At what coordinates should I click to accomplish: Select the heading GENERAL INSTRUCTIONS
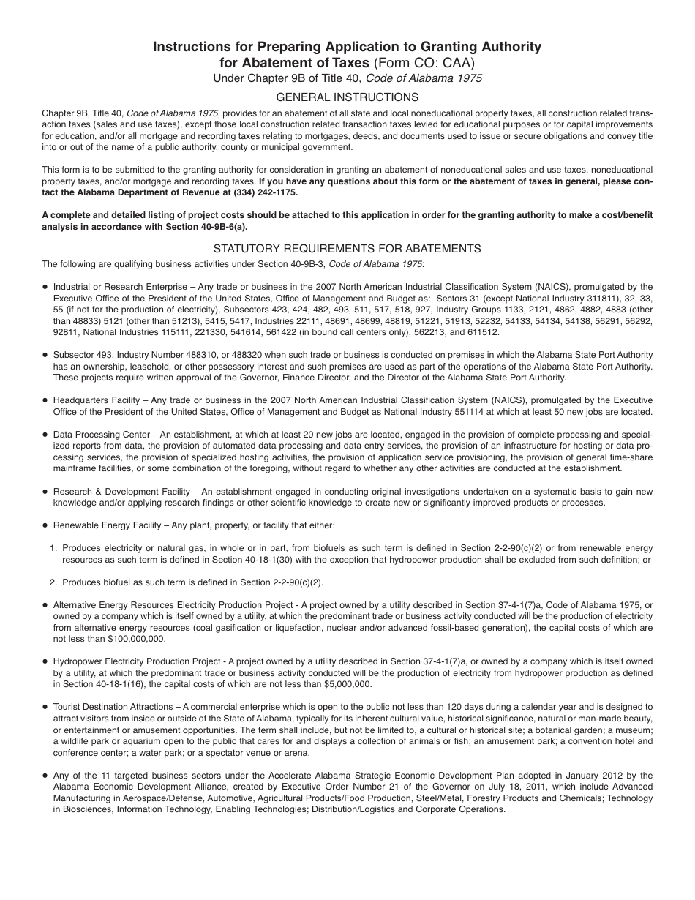pyautogui.click(x=347, y=97)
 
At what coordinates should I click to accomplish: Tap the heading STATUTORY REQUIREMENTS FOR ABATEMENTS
pyautogui.click(x=347, y=249)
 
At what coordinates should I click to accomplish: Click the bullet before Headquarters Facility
pyautogui.click(x=45, y=401)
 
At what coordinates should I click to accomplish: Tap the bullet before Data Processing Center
pyautogui.click(x=45, y=435)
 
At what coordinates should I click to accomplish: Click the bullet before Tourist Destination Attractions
pyautogui.click(x=45, y=708)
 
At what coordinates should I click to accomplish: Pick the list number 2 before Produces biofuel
pyautogui.click(x=53, y=582)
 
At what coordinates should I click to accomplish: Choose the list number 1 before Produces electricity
pyautogui.click(x=53, y=548)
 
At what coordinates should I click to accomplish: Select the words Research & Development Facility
pyautogui.click(x=113, y=492)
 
